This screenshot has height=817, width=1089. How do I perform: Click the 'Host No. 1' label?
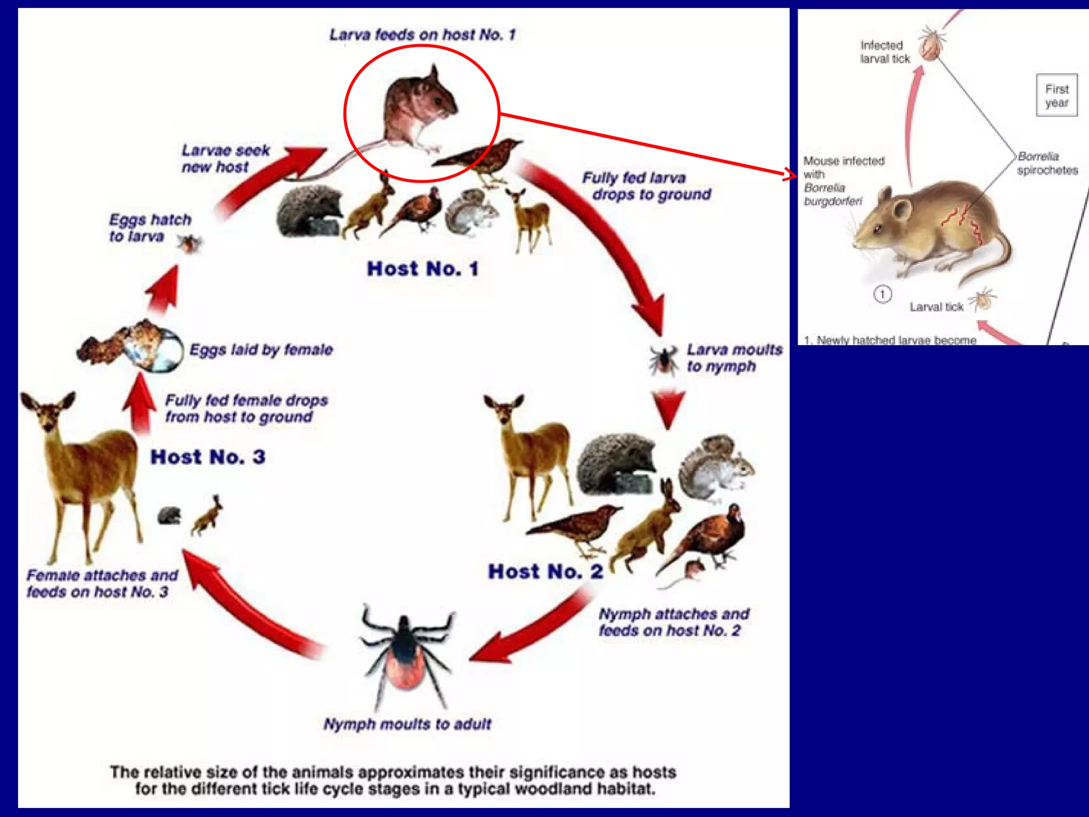[423, 269]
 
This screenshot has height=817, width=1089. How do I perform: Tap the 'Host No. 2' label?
[545, 572]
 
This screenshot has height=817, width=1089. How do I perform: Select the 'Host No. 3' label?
[207, 457]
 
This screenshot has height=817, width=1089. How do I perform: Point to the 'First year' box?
[1057, 96]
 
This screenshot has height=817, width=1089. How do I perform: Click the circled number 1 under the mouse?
[883, 294]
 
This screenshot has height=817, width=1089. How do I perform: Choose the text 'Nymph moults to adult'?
[407, 724]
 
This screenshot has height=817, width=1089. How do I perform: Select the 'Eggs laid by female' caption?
[261, 349]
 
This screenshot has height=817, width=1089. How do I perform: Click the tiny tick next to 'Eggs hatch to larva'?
[189, 244]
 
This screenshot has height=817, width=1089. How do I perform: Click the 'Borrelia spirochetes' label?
[1047, 163]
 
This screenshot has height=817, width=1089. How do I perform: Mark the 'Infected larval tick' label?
[885, 52]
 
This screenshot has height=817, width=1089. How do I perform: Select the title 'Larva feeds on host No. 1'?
[422, 35]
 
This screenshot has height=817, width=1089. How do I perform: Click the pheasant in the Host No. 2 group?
[707, 537]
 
